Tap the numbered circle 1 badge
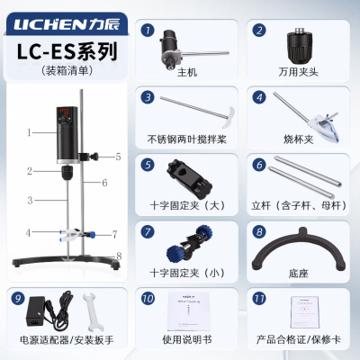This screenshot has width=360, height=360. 147,30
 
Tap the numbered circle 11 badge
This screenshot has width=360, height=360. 259,296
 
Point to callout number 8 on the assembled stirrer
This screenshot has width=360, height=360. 118,256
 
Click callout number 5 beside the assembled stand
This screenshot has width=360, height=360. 117,157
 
